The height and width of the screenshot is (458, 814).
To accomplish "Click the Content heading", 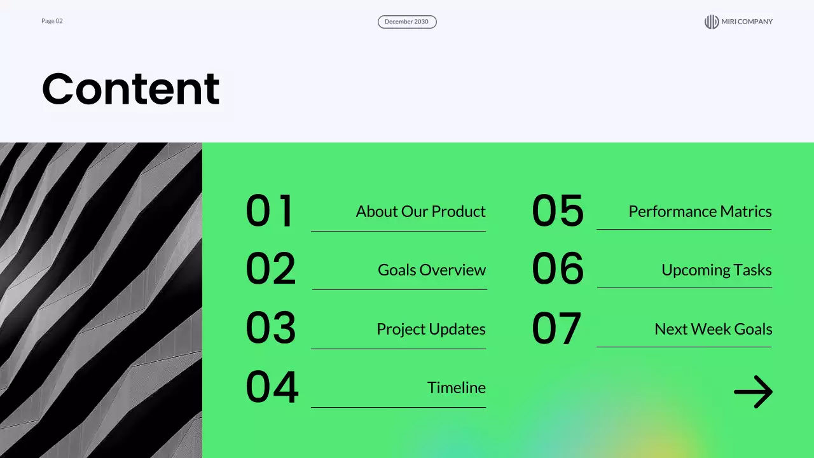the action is [131, 88].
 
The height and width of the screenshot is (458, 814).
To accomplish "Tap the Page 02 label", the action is [52, 21].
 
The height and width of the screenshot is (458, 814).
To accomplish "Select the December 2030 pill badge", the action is [407, 22].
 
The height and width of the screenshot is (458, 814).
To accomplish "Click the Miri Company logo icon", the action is [712, 22].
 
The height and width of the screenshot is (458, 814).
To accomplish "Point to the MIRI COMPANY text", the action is [747, 22].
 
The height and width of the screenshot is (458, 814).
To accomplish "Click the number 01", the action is [269, 211].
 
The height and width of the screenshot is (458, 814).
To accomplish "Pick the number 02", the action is [271, 268].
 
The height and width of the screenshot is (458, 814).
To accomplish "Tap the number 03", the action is [271, 328].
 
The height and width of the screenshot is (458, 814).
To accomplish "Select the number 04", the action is [272, 386].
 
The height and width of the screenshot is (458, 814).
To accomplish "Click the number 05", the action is [558, 210].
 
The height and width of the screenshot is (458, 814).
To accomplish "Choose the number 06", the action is [558, 268].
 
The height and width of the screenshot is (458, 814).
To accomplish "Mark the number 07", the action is [556, 328].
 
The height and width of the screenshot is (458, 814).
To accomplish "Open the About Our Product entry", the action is [421, 212].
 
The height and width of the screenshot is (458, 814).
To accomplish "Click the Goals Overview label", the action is [432, 270].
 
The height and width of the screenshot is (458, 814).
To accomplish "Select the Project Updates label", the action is [431, 330].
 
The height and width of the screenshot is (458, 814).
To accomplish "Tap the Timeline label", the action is [457, 387].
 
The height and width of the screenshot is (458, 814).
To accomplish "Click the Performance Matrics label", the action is [700, 212].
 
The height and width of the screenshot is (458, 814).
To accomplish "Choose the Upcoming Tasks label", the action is [716, 270].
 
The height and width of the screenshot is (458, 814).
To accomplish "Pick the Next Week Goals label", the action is [714, 329].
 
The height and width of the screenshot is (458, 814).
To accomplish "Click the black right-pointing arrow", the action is [754, 392].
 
